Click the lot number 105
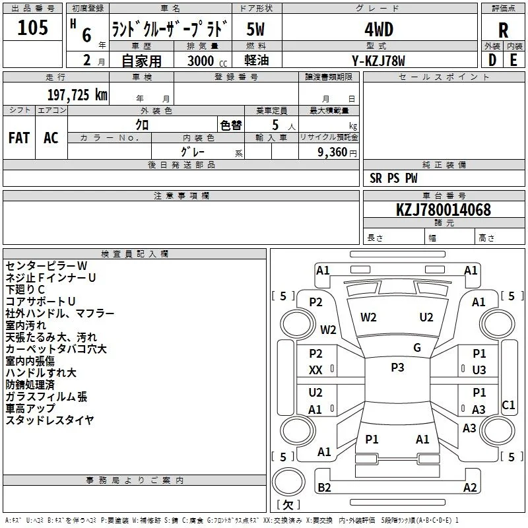32,27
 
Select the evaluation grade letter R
503,30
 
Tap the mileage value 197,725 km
77,95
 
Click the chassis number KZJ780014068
444,210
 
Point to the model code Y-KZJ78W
378,61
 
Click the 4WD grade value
379,30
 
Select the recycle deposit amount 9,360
333,152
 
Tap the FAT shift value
19,138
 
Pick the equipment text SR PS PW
393,178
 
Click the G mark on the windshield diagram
417,347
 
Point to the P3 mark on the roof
397,368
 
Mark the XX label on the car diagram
315,370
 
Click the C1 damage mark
508,405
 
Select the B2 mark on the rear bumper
324,487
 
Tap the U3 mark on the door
479,370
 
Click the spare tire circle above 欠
288,482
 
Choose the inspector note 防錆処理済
30,385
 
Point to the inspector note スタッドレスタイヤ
49,420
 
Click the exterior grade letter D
492,60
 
